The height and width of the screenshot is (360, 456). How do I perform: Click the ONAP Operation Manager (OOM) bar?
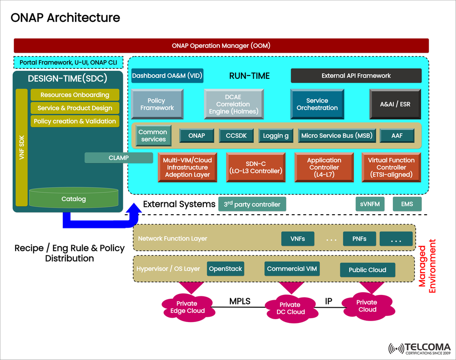(221, 46)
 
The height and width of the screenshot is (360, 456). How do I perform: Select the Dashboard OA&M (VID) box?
(167, 76)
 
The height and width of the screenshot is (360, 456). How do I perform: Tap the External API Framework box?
(356, 76)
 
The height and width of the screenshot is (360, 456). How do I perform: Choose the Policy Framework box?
(156, 104)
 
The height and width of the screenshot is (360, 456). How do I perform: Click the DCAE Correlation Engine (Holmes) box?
(233, 104)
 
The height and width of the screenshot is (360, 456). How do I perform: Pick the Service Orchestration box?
(317, 104)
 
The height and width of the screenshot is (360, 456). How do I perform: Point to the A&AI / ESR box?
(395, 104)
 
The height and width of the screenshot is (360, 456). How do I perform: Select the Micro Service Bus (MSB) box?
(337, 136)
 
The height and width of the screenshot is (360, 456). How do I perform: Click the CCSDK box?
(236, 136)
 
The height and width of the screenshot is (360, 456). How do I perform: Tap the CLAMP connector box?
(119, 158)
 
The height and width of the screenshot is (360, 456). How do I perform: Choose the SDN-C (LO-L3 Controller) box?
(256, 167)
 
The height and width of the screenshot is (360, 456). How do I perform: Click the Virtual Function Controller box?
(391, 167)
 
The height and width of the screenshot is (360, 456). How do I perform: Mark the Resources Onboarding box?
(75, 95)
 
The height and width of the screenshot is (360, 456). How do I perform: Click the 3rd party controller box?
(252, 204)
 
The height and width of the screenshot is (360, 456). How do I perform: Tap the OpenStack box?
(226, 269)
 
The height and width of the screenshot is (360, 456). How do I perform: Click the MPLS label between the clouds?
(239, 301)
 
